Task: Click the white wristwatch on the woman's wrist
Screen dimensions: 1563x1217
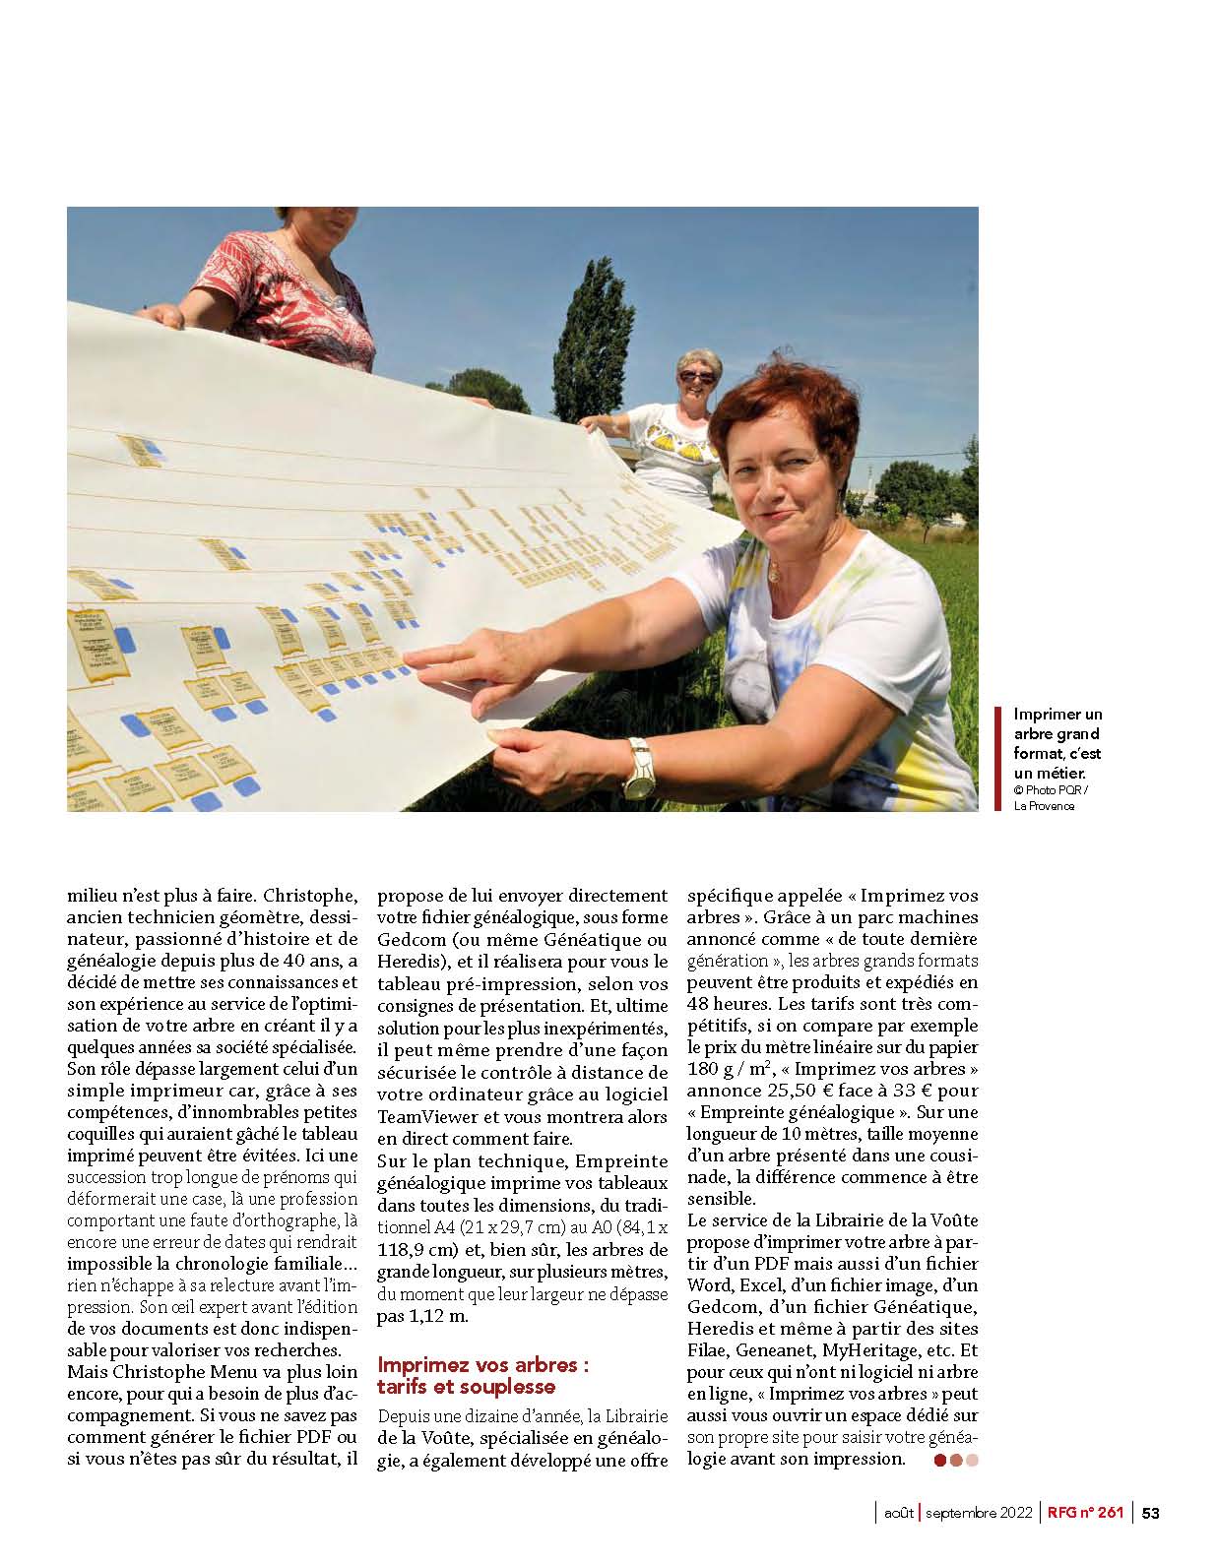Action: (638, 768)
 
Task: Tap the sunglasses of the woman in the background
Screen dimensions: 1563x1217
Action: (696, 376)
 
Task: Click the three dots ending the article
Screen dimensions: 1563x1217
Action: (956, 1461)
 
